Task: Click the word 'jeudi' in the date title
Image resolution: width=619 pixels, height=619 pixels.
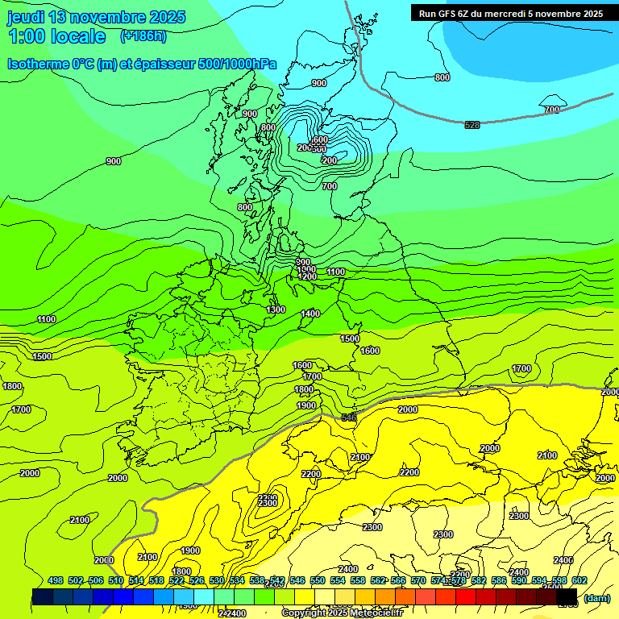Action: coord(25,17)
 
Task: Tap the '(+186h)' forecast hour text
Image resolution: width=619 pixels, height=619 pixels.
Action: coord(143,35)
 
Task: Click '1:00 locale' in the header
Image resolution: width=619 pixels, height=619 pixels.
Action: coord(57,36)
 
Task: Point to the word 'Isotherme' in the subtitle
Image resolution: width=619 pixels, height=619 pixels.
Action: coord(38,64)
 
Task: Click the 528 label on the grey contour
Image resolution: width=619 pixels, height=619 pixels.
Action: coord(472,124)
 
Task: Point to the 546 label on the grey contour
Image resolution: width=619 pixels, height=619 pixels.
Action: coord(349,418)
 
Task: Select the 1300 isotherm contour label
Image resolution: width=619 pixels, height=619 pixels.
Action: coord(276,309)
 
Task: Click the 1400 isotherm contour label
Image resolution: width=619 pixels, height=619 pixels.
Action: coord(310,314)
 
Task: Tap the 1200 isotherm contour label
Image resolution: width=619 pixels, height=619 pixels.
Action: coord(307,276)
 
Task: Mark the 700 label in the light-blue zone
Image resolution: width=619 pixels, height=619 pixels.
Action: coord(551,110)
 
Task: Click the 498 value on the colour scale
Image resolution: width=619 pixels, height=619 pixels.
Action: coord(56,580)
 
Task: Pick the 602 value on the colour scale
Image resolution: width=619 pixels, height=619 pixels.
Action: coord(579,580)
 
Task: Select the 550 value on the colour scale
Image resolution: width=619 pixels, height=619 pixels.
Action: coord(318,580)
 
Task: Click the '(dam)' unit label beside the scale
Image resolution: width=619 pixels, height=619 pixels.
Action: coord(597,598)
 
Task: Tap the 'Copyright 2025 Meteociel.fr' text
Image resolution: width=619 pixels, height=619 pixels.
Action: coord(342,613)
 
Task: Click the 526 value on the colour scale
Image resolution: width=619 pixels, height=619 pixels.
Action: coord(197,580)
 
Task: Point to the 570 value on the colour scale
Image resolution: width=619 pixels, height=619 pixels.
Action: coord(418,580)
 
